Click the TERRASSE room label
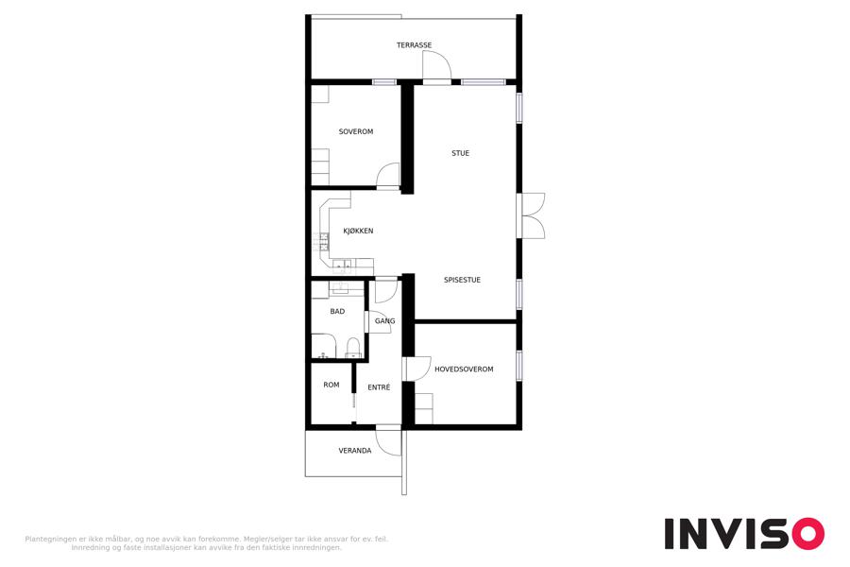414,45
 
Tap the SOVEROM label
356,131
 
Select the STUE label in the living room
460,153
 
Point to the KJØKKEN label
358,231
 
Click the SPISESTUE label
462,280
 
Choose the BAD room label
337,312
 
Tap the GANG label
385,321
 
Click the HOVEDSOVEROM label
464,369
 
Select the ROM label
331,385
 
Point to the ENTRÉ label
379,387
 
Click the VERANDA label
355,451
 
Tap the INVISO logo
744,534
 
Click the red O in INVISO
808,534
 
